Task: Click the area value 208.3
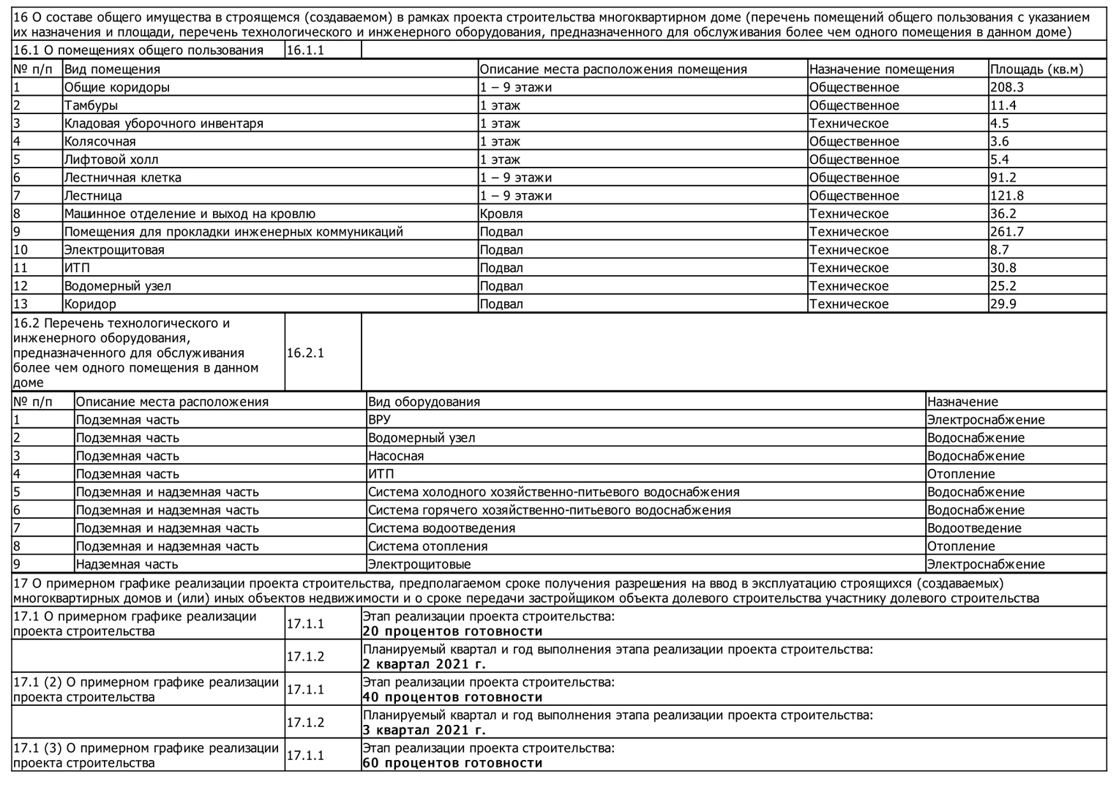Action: coord(1006,87)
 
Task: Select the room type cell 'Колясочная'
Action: coord(100,141)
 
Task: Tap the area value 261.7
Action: coord(1006,232)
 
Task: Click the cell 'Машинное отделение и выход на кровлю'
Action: coord(190,214)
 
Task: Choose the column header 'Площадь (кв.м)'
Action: coord(1036,69)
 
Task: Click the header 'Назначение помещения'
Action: coord(881,69)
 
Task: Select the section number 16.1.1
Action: coord(305,50)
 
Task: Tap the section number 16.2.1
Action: coord(305,353)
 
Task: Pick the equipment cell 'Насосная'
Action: coord(396,456)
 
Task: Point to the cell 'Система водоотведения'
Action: coord(441,528)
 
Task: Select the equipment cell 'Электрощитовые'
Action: coord(419,564)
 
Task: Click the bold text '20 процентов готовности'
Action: coord(452,631)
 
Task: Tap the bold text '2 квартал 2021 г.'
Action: coord(424,664)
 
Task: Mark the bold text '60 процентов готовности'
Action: coord(452,763)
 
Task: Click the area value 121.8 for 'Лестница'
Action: coord(1006,195)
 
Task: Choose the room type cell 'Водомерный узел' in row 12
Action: coord(117,286)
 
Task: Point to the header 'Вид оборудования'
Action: coord(424,402)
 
